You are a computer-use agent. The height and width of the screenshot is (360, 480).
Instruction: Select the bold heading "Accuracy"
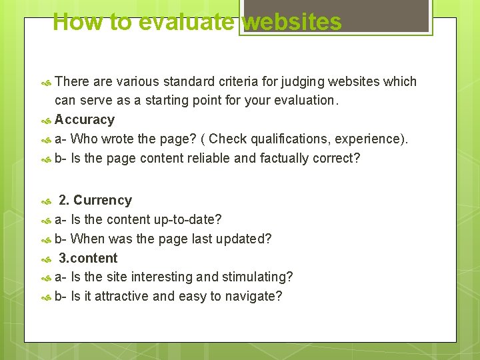(x=85, y=120)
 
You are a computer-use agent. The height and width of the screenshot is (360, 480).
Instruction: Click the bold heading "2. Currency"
(x=95, y=200)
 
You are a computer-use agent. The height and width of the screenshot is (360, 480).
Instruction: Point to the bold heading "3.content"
(x=88, y=258)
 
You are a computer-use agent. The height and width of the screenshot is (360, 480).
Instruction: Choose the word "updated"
(x=247, y=239)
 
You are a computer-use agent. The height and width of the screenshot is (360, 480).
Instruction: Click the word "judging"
(x=293, y=82)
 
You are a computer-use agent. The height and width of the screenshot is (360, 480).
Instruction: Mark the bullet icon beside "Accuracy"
(x=46, y=121)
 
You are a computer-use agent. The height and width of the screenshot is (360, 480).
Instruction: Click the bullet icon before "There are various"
(x=46, y=83)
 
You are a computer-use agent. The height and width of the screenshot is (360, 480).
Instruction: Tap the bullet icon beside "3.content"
(x=46, y=259)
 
